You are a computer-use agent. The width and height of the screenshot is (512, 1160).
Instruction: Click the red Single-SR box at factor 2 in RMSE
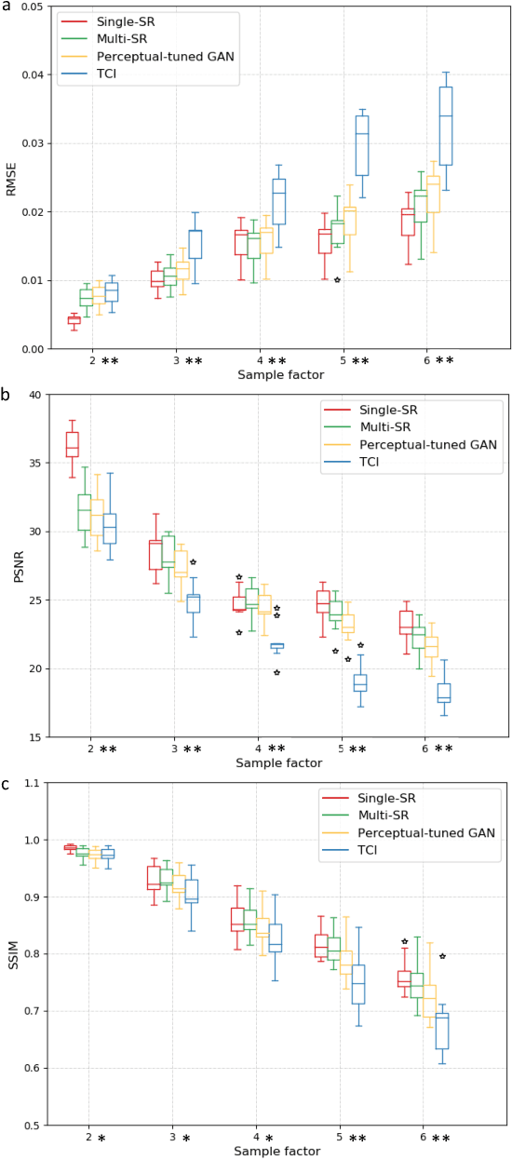tap(74, 320)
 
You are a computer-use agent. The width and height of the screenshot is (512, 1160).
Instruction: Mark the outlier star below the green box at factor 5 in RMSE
tap(337, 280)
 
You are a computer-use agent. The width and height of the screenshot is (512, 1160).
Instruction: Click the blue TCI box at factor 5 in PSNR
tap(360, 682)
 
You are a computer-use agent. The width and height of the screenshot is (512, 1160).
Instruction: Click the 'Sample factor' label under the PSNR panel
tap(279, 763)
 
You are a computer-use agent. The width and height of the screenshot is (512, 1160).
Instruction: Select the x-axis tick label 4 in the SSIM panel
tap(256, 1138)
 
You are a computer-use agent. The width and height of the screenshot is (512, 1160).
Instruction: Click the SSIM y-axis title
tap(11, 954)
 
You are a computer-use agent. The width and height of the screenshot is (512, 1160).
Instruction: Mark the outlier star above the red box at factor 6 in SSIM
tap(404, 941)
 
